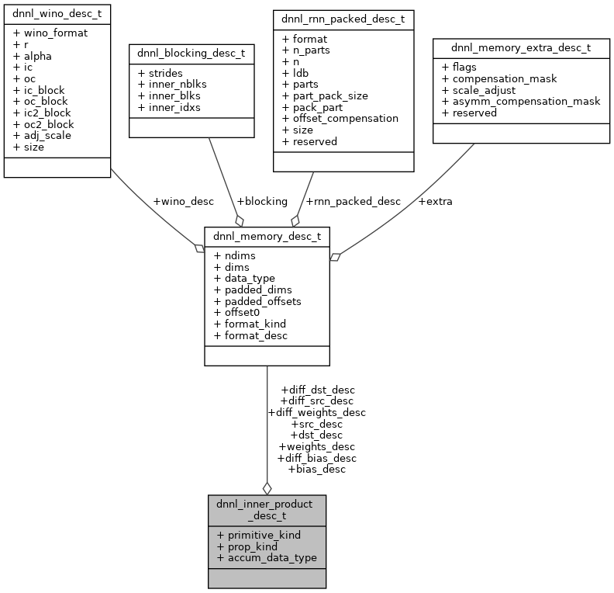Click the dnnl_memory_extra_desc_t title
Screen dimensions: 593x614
pyautogui.click(x=521, y=47)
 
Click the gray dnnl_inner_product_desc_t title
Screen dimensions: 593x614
pyautogui.click(x=267, y=509)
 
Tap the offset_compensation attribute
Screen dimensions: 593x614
pyautogui.click(x=345, y=118)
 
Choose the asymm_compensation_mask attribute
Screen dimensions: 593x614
pyautogui.click(x=526, y=101)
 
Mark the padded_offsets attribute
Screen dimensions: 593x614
pyautogui.click(x=262, y=301)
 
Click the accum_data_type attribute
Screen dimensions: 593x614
pyautogui.click(x=272, y=557)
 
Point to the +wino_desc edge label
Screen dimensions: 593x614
pyautogui.click(x=184, y=202)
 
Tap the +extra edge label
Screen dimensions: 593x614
pyautogui.click(x=435, y=202)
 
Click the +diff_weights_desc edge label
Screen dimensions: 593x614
pyautogui.click(x=316, y=412)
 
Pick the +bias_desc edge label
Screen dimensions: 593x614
pyautogui.click(x=316, y=469)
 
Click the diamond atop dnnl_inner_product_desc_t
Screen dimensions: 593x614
pyautogui.click(x=267, y=488)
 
